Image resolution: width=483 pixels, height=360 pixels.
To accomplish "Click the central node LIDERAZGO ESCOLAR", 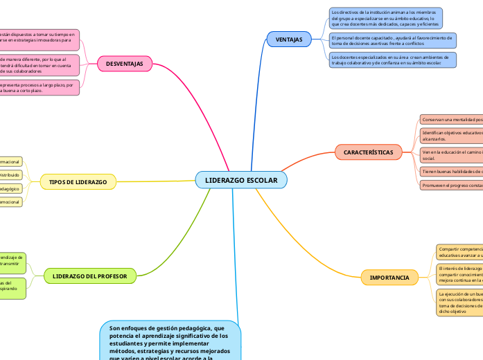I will point(241,180).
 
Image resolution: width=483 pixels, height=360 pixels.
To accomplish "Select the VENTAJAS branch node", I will point(289,39).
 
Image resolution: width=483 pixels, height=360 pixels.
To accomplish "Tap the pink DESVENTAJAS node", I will point(129,64).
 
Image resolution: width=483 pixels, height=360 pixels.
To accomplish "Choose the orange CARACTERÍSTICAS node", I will point(368,152).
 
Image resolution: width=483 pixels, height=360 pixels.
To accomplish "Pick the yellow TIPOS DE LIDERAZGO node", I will point(78,182).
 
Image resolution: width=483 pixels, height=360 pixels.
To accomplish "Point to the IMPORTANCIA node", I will point(389,278).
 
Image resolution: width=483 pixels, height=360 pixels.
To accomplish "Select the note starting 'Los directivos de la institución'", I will point(385,17).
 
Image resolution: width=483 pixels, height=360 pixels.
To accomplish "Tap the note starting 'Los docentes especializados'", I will point(392,60).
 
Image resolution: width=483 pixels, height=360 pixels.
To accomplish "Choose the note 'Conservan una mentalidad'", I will point(451,120).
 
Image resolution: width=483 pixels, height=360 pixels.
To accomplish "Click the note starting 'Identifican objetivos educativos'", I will point(451,135).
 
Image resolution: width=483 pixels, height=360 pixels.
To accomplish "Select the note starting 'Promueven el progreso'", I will point(451,186).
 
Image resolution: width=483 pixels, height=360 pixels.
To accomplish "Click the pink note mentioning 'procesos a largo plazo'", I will point(39,87).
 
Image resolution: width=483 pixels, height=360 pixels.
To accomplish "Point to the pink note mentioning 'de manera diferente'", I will point(39,65).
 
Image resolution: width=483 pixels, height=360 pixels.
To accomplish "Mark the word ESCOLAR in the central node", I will point(262,180).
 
